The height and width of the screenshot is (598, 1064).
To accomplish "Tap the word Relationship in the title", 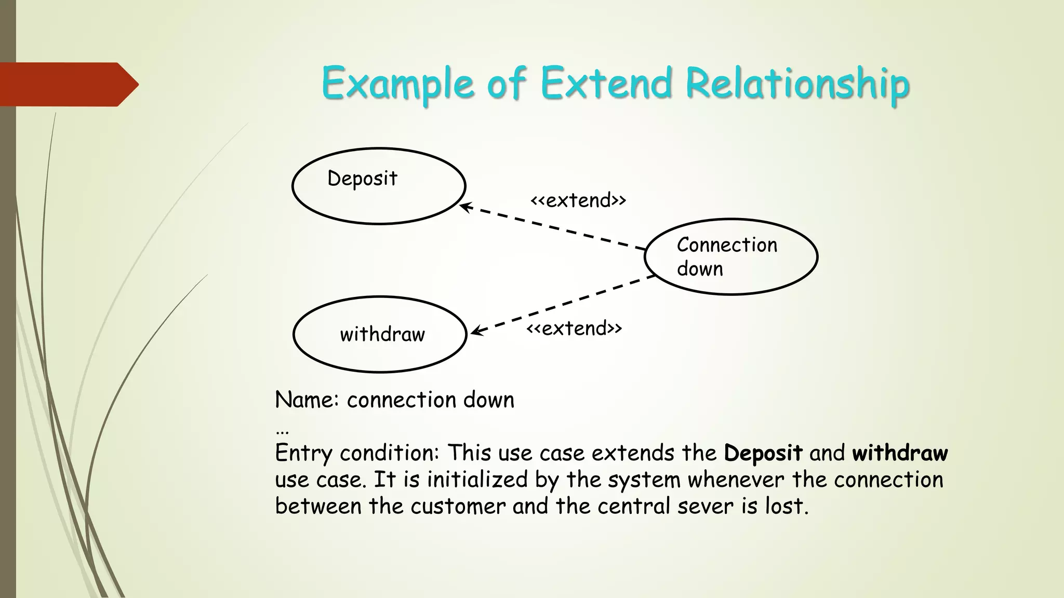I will (x=797, y=83).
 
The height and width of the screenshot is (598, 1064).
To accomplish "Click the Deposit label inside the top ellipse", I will (x=362, y=179).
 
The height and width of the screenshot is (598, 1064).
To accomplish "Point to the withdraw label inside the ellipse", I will (x=382, y=334).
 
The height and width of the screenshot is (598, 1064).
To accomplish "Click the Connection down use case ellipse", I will (x=731, y=257).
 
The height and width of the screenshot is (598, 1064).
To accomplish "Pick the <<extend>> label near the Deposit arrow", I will (x=578, y=200).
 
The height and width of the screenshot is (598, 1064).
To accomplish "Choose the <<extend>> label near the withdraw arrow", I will (x=574, y=329).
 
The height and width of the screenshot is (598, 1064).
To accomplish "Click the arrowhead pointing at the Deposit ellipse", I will (x=464, y=207).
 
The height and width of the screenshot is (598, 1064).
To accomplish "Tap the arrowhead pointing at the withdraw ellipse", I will (x=475, y=332).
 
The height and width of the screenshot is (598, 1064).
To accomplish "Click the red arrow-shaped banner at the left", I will (x=68, y=84).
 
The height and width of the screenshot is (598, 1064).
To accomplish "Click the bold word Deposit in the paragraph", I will (x=763, y=453).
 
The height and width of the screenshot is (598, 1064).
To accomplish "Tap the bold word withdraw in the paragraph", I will (x=900, y=453).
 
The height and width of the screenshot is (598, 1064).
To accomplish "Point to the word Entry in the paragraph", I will (x=303, y=453).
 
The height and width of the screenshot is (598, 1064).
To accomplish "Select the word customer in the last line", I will (x=458, y=506).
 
